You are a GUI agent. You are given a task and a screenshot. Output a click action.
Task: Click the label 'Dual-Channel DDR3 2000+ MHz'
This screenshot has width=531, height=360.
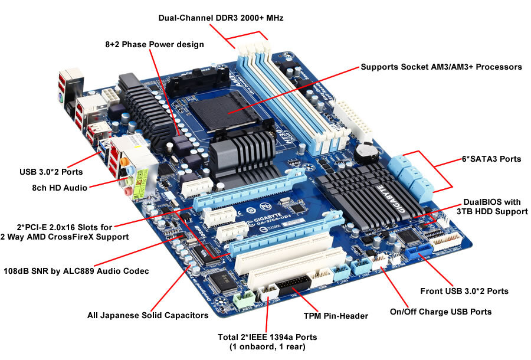click(221, 18)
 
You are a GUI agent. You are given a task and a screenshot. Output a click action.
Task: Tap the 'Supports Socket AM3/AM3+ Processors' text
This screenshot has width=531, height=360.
click(441, 67)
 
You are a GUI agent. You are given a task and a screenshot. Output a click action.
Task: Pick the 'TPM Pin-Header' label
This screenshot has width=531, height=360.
click(335, 316)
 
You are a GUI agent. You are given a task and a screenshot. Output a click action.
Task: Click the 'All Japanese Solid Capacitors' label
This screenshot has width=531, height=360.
click(147, 315)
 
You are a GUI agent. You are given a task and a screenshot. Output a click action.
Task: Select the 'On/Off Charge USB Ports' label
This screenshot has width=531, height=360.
click(441, 312)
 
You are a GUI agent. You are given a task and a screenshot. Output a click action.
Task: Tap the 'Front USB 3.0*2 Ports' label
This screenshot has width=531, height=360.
click(464, 291)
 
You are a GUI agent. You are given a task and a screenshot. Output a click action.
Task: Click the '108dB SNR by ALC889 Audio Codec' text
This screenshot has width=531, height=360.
click(77, 271)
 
